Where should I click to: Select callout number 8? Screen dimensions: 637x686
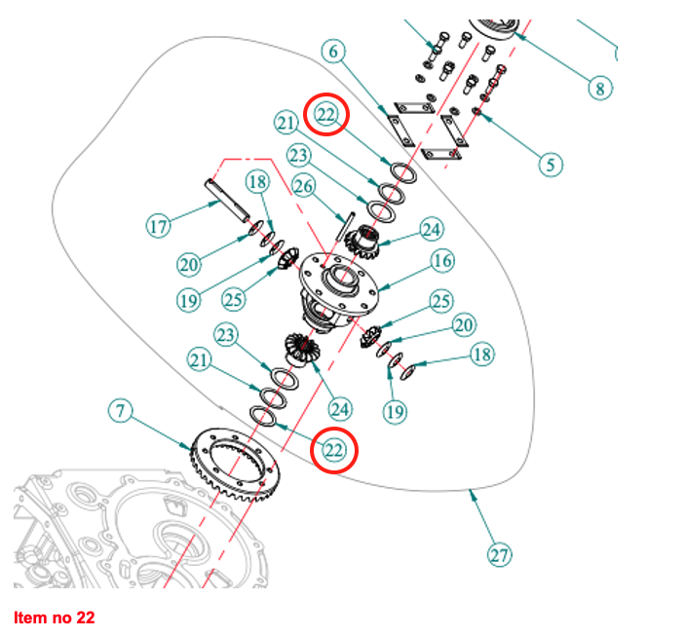600,88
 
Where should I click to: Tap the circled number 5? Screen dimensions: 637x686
552,164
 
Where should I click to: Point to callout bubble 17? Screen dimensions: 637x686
159,227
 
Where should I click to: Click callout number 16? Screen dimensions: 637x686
443,261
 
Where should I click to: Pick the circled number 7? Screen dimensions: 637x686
119,412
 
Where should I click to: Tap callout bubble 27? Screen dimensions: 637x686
499,555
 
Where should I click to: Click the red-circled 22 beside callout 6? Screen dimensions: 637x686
326,115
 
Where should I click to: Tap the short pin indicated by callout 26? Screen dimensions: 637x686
343,227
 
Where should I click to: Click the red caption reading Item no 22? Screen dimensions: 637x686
55,618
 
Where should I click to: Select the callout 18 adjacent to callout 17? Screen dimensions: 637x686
256,181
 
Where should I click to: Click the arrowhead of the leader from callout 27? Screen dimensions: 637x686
475,495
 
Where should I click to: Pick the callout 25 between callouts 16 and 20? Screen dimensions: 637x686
441,300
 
